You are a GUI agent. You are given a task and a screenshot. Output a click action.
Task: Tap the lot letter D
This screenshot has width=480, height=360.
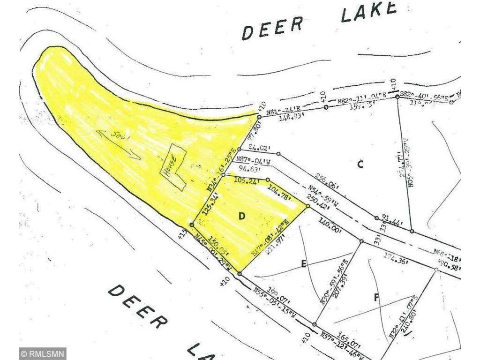(x=242, y=216)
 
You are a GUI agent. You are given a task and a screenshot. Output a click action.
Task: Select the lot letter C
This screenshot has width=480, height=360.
(x=360, y=164)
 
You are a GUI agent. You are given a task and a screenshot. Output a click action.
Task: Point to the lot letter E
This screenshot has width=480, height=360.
(x=304, y=264)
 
